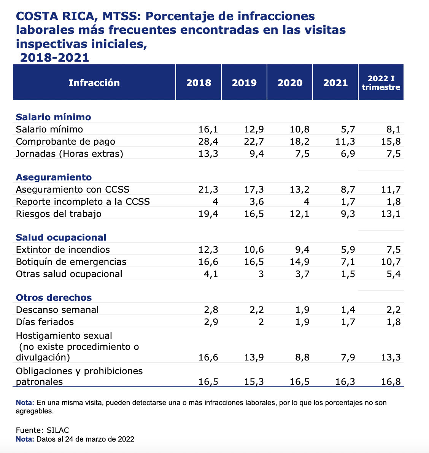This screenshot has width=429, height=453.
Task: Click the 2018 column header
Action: pyautogui.click(x=199, y=83)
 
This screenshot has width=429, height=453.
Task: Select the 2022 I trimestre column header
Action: pyautogui.click(x=381, y=83)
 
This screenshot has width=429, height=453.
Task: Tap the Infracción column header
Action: pyautogui.click(x=94, y=83)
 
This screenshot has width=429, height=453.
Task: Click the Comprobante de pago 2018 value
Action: pyautogui.click(x=208, y=142)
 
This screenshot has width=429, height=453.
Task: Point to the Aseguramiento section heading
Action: pyautogui.click(x=54, y=177)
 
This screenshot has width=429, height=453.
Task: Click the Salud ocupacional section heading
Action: pyautogui.click(x=61, y=237)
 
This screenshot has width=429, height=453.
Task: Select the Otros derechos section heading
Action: pyautogui.click(x=54, y=297)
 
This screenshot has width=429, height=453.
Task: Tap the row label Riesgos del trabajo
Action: pyautogui.click(x=59, y=214)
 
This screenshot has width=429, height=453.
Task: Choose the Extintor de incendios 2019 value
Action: pyautogui.click(x=254, y=250)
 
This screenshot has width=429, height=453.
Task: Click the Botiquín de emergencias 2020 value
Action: pyautogui.click(x=300, y=262)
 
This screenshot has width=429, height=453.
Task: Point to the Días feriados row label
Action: pyautogui.click(x=45, y=322)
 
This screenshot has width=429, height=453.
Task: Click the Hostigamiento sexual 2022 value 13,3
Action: pyautogui.click(x=391, y=357)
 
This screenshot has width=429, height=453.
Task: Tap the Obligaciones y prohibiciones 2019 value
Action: pyautogui.click(x=254, y=382)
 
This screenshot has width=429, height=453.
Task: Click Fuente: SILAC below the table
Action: pyautogui.click(x=43, y=430)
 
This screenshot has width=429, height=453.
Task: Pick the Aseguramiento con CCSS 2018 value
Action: pyautogui.click(x=208, y=190)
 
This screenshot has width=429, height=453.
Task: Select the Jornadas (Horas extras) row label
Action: pyautogui.click(x=70, y=154)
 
